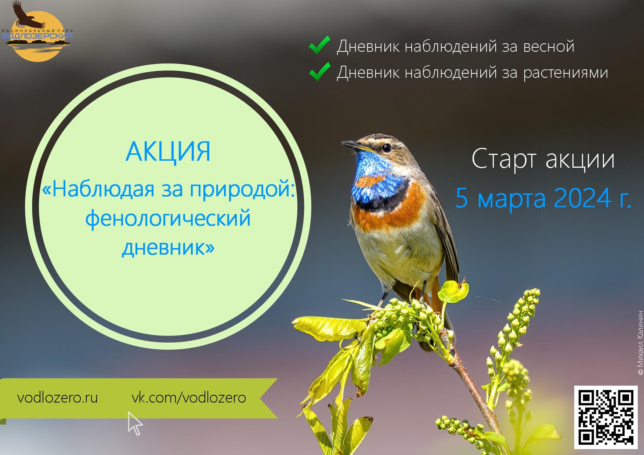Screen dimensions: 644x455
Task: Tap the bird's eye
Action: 386,148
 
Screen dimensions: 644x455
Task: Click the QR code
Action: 606,416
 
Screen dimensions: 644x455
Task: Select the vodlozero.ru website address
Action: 58,398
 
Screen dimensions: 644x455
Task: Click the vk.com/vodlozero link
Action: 189,398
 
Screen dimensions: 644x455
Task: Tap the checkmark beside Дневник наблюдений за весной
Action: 319,46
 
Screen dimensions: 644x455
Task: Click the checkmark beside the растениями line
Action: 319,72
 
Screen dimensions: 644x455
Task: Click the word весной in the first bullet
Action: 549,47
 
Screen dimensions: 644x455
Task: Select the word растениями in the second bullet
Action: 566,73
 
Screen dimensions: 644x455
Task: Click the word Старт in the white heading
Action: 504,159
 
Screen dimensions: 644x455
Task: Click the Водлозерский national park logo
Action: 37,31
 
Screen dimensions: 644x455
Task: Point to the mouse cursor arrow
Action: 134,423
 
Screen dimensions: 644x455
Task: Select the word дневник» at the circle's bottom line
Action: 168,248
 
